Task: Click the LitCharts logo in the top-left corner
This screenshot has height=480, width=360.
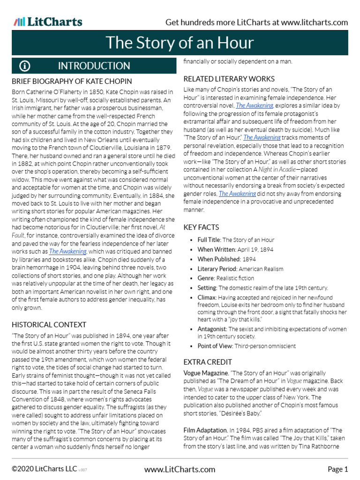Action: coord(48,22)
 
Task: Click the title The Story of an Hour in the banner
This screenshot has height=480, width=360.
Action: coord(180,43)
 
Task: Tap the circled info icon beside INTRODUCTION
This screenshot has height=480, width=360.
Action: coord(25,66)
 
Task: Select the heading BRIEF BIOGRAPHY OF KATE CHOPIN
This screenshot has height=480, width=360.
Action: coord(72,81)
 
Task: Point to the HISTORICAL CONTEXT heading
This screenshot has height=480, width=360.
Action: coord(49,324)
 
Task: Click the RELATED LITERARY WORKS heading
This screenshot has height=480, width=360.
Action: coord(229,79)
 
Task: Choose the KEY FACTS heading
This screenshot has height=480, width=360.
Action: coord(201,227)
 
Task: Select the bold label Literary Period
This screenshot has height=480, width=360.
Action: coord(217,269)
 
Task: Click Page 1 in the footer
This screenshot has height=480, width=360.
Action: coord(337,469)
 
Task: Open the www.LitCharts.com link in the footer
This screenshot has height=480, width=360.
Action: coord(180,469)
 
